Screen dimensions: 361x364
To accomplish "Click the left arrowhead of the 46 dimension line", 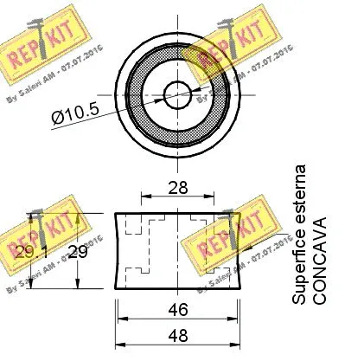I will (119, 316).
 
